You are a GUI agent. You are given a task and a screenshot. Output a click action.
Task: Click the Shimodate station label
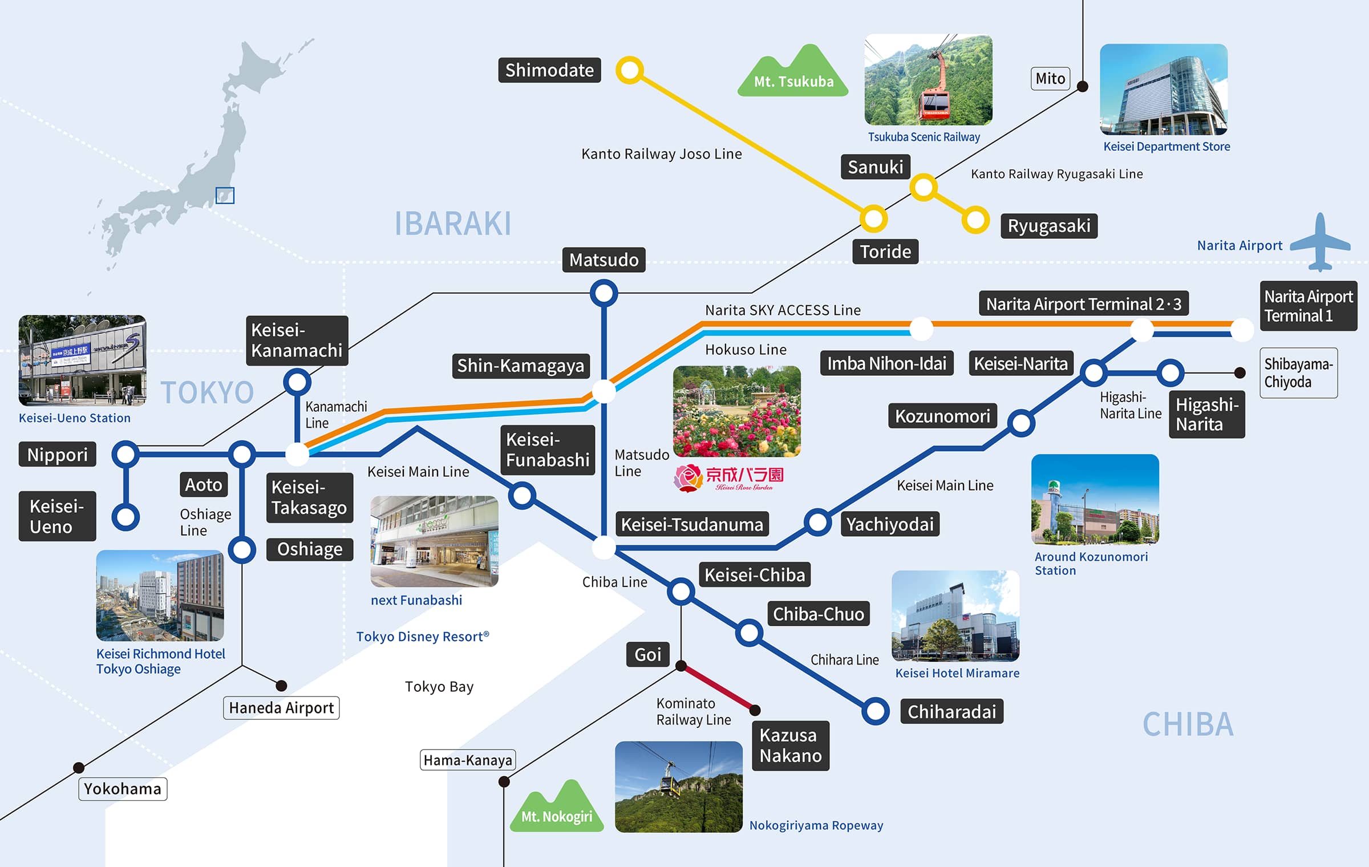tap(549, 70)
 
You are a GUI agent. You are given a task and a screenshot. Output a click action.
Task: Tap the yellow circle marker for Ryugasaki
tap(975, 220)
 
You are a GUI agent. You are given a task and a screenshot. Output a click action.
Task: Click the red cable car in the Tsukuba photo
tap(934, 94)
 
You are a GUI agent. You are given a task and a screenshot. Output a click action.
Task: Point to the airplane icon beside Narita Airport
tap(1321, 243)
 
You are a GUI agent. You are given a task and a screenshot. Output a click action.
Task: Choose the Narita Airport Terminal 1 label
tap(1308, 306)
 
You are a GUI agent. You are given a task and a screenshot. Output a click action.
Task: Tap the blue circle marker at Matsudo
tap(604, 293)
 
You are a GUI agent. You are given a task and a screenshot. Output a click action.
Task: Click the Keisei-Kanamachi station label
tap(297, 341)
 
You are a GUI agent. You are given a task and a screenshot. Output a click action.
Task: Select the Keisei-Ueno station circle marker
tap(125, 517)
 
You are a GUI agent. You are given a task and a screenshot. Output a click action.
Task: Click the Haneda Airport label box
tap(281, 708)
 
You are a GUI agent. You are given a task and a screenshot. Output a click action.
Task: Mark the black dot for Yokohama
tap(79, 768)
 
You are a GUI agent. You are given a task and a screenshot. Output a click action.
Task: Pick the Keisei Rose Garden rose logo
tap(688, 478)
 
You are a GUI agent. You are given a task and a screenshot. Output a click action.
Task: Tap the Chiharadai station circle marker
tap(876, 711)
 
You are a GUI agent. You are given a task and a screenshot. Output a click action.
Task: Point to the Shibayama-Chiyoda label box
tap(1298, 373)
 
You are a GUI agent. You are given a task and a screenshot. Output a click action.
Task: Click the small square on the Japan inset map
tap(225, 196)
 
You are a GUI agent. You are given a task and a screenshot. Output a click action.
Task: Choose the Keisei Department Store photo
tap(1164, 90)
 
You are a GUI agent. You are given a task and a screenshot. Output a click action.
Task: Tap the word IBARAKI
tap(453, 224)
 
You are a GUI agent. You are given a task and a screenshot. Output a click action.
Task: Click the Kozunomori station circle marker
tap(1021, 423)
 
